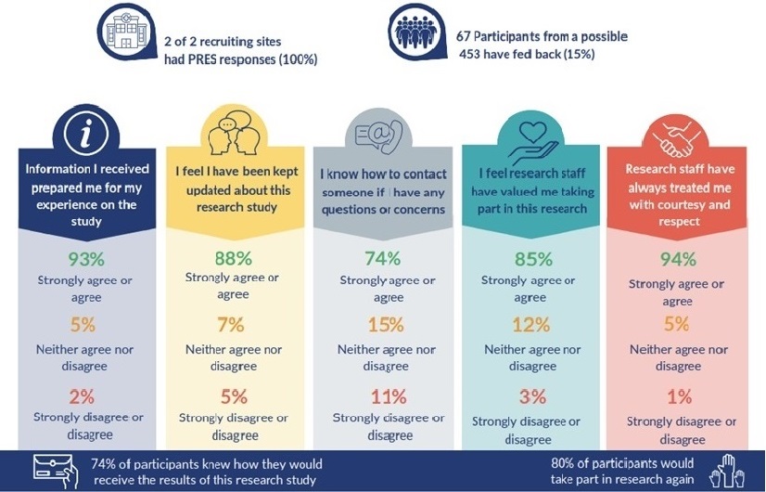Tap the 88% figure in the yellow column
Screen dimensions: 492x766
[234, 258]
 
